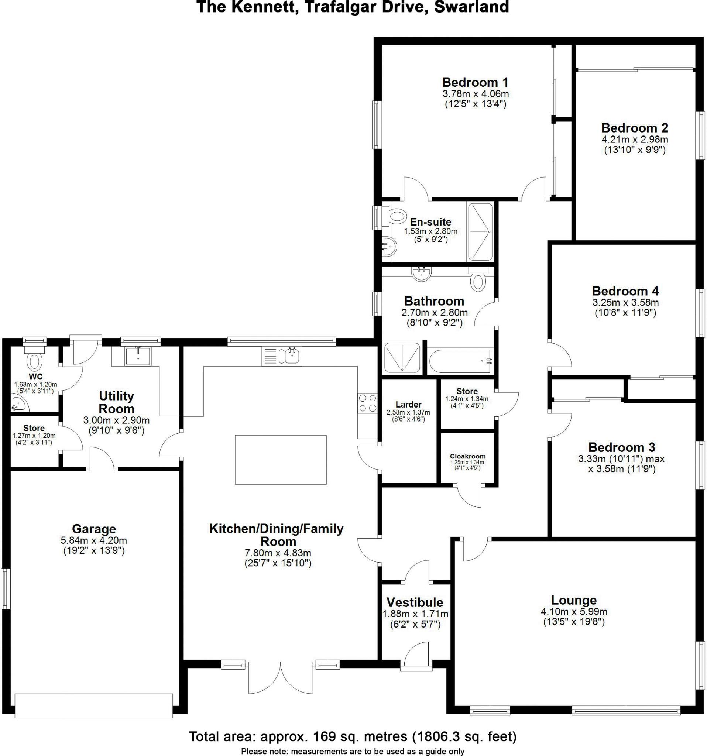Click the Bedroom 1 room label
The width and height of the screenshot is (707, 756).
pos(475,82)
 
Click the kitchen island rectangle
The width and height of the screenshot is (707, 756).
pos(280,459)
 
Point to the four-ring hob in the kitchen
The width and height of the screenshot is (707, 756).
pos(367,403)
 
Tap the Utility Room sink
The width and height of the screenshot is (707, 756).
pos(138,356)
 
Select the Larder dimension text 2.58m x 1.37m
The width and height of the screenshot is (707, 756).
pos(408,412)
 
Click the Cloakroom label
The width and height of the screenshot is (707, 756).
pos(467,456)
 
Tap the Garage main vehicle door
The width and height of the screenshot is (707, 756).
pos(93,705)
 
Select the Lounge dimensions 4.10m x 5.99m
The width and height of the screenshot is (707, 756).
pos(573,612)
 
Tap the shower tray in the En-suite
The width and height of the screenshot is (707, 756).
pos(480,231)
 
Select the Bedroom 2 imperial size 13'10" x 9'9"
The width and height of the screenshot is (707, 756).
pos(635,150)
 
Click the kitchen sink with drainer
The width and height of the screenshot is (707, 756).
pos(282,356)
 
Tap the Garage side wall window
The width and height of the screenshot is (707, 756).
pos(5,589)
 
